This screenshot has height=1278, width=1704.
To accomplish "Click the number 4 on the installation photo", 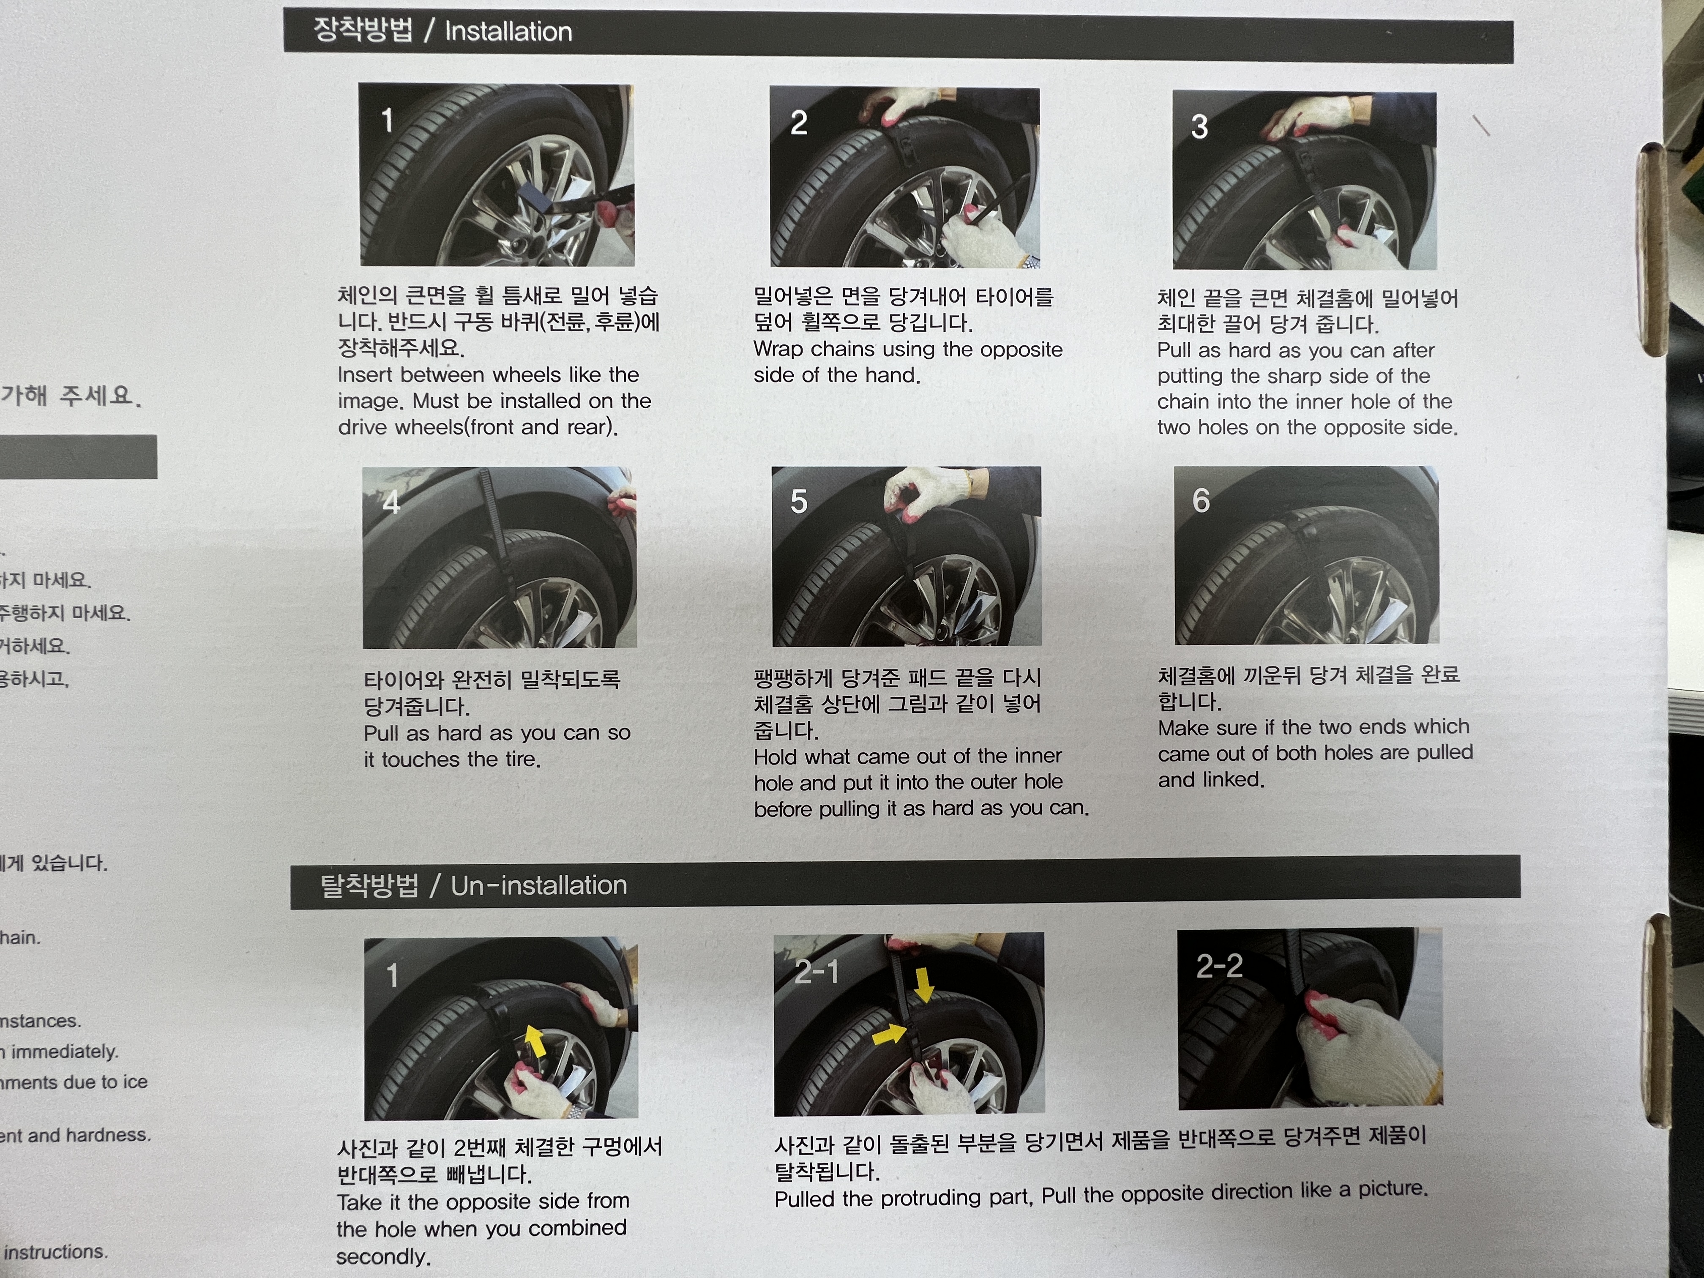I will pos(391,502).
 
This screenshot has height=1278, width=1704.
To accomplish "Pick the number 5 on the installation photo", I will pos(799,502).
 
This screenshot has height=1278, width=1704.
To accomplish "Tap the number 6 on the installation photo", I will pos(1201,501).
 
